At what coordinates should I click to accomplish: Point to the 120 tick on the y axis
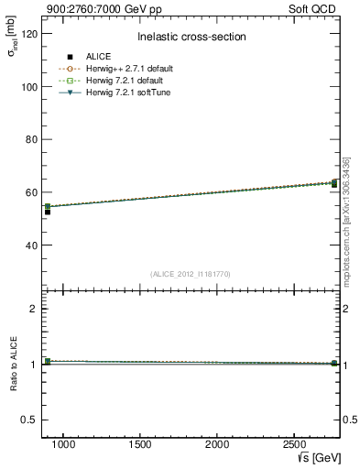tap(27, 33)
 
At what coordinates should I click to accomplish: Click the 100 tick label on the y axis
tap(27, 86)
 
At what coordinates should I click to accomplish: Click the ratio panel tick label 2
tap(33, 309)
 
